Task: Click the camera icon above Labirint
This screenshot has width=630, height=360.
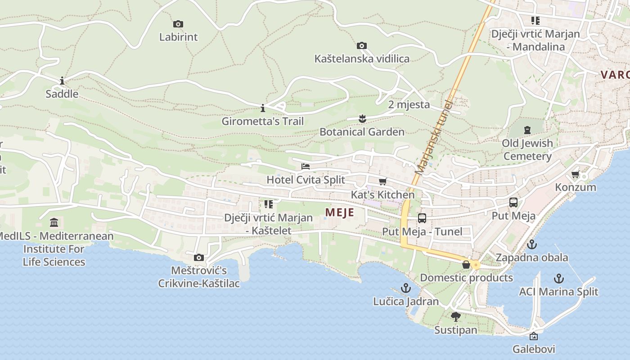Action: [x=178, y=24]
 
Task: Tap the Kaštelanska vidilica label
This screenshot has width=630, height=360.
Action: [x=362, y=58]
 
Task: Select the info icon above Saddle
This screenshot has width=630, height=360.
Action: [x=62, y=81]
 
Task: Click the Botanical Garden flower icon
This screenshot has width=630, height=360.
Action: [x=362, y=119]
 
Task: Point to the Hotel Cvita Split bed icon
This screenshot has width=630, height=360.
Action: [x=306, y=166]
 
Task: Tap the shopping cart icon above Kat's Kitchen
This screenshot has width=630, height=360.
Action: [x=382, y=181]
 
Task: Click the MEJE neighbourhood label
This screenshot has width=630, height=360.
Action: [x=339, y=212]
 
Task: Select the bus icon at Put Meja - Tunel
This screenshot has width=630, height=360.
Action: [x=422, y=218]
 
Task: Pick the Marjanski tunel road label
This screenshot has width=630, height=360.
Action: [x=434, y=137]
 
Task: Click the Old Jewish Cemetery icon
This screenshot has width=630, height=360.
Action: [x=527, y=130]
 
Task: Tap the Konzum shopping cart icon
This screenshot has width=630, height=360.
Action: [x=575, y=174]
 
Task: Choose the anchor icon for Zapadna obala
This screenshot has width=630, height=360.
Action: [x=532, y=244]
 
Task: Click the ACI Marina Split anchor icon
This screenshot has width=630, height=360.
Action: [x=558, y=278]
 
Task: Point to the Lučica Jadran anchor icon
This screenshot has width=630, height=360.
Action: [x=406, y=288]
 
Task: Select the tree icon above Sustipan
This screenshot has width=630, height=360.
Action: [x=455, y=316]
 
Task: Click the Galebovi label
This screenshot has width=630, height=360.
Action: [x=534, y=349]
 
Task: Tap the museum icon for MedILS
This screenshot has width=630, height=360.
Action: [x=54, y=222]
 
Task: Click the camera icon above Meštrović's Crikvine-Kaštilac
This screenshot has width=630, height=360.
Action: [x=198, y=257]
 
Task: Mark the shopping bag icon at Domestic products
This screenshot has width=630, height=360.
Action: [x=466, y=265]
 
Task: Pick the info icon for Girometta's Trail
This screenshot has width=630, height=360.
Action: [x=263, y=108]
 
